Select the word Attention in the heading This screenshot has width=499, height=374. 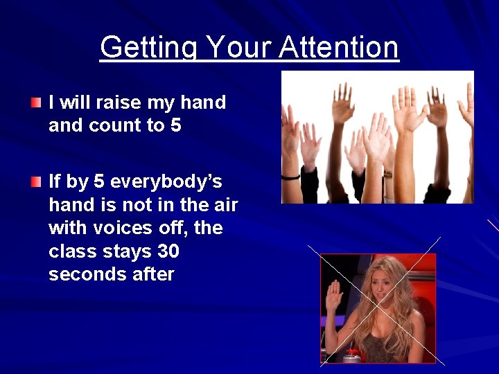339,48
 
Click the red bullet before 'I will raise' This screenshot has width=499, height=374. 36,103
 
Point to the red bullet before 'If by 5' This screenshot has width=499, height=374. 36,182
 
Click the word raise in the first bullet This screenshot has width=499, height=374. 118,103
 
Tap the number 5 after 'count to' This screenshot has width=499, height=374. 175,125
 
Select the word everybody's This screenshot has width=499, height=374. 166,181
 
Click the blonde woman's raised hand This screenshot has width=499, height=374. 335,297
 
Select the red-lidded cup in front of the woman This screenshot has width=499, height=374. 352,355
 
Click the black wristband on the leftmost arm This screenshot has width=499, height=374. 290,177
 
